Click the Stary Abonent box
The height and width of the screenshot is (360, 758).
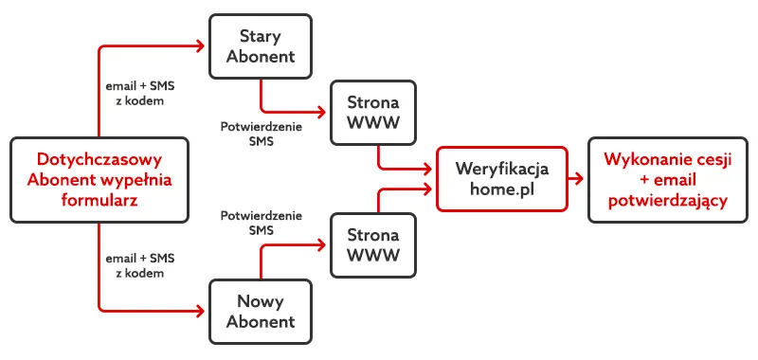tap(261, 45)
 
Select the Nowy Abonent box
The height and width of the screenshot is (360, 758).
tap(261, 310)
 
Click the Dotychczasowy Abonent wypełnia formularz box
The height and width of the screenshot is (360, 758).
tap(99, 178)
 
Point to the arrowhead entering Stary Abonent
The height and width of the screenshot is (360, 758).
tap(202, 45)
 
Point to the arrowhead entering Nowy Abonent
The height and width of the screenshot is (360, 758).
tap(202, 310)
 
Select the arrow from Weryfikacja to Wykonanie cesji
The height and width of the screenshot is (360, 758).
tap(577, 178)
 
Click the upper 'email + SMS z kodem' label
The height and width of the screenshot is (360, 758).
tap(140, 93)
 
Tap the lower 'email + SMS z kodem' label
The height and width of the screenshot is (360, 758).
tap(140, 265)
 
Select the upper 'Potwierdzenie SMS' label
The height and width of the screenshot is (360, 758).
tap(261, 134)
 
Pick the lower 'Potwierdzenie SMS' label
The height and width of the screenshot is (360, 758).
tap(261, 223)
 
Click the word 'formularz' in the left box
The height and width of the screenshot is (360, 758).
tap(99, 200)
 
